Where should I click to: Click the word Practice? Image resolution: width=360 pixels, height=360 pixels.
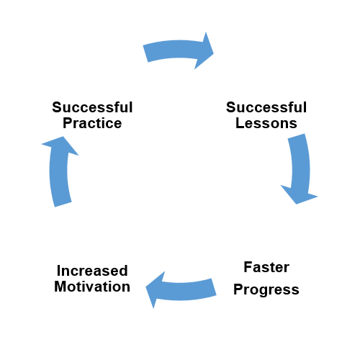coord(92,123)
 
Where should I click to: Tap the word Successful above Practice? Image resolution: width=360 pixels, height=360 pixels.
coord(92,107)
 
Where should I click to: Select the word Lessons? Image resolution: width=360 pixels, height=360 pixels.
coord(266,123)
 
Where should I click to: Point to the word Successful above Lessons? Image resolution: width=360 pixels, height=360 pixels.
coord(266,107)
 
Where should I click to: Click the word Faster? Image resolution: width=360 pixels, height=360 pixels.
coord(266,267)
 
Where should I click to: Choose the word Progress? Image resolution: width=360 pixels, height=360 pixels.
coord(266,290)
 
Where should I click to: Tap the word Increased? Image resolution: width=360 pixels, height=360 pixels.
coord(92,271)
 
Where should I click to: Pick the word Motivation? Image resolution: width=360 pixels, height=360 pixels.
coord(92,287)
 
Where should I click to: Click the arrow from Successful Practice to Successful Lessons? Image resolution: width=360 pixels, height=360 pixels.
coord(178,49)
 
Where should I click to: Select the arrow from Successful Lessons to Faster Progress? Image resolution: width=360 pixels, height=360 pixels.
coord(301,168)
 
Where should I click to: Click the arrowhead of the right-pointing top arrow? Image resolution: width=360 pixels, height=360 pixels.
coord(204,51)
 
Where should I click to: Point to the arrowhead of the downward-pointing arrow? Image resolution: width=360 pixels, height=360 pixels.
coord(299,194)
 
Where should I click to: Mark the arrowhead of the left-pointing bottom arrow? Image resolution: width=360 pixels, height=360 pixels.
coord(155,289)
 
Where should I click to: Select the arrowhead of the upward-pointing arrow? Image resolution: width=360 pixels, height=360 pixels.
coord(60,145)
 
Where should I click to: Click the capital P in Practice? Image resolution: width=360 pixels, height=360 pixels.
coord(67,123)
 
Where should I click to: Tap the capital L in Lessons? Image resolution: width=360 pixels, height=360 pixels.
coord(240,123)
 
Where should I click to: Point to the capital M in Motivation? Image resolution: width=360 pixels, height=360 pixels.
coord(60,287)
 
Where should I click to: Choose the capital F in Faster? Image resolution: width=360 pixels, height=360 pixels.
coord(248,267)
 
